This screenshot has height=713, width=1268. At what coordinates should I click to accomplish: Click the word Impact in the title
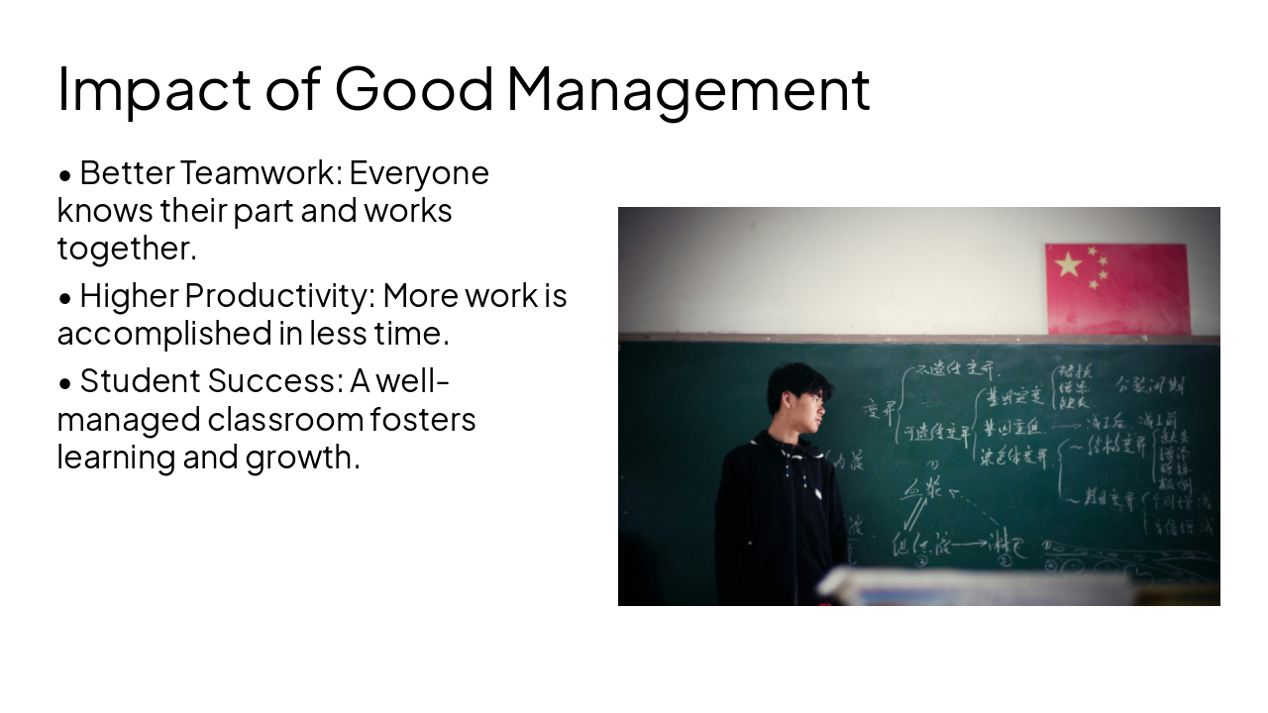point(154,89)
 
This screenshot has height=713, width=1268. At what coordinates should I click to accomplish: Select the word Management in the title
point(688,89)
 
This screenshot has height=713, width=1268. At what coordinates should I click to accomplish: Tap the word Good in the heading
point(414,87)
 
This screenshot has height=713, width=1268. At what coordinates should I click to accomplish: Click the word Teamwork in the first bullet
point(261,173)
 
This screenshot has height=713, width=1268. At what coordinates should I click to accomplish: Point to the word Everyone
point(419,173)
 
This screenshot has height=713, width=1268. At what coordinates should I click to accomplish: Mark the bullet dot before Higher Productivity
point(65,297)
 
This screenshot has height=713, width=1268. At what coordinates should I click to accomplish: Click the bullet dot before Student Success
point(65,381)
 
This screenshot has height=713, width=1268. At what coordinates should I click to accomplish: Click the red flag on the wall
point(1117,289)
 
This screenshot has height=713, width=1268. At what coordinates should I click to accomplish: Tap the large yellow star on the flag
point(1068,264)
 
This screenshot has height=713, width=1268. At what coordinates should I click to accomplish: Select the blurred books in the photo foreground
point(976,587)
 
